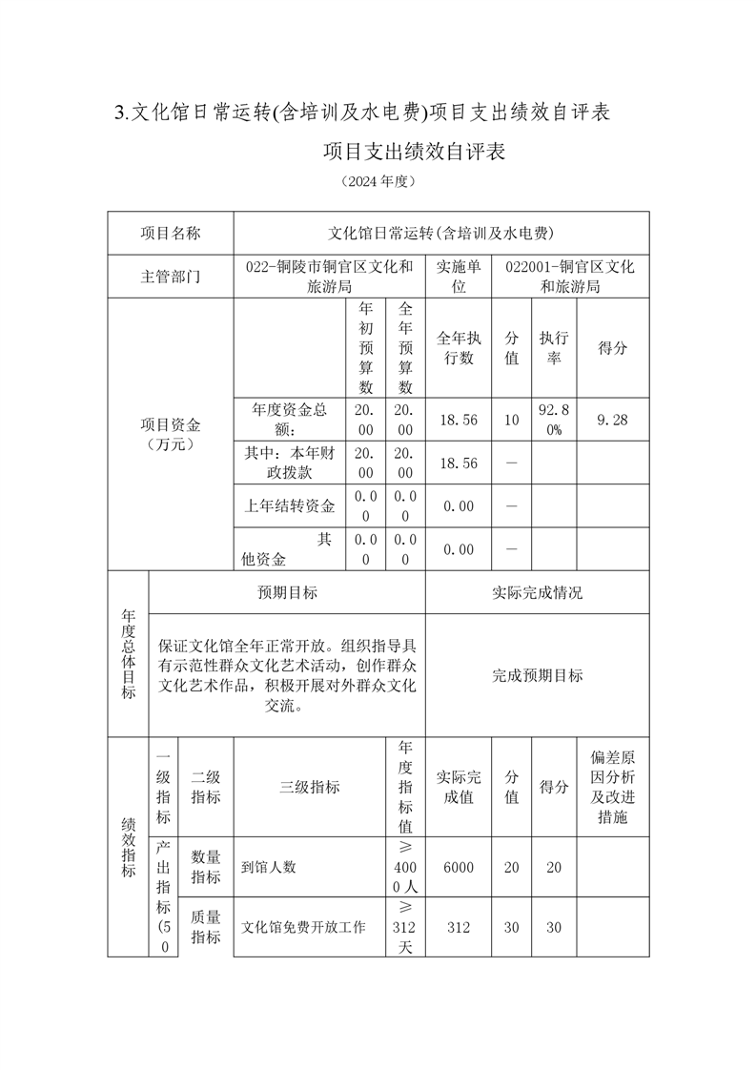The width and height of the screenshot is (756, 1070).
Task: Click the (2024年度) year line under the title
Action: [378, 180]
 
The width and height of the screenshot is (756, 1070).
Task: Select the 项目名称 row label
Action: [171, 233]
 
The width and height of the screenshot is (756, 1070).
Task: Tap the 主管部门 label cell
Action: [171, 277]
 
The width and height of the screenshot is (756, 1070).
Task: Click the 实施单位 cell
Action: [458, 277]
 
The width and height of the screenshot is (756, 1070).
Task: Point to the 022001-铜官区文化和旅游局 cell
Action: [570, 277]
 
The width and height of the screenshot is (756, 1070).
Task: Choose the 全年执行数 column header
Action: [458, 348]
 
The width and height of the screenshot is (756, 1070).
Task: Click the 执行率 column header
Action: [554, 348]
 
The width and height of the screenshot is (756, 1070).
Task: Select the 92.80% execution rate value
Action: [554, 420]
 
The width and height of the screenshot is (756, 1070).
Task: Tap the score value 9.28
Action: [612, 420]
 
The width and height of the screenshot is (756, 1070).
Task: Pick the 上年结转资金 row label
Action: [290, 505]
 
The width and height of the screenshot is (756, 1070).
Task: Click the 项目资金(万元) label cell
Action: [171, 434]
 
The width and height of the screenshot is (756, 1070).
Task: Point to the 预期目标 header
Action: [287, 592]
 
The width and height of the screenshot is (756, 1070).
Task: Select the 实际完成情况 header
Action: [537, 592]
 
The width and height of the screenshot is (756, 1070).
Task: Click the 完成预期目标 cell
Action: [537, 675]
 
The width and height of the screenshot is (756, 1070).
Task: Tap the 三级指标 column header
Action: [309, 787]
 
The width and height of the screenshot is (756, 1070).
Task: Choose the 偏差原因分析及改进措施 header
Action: [612, 787]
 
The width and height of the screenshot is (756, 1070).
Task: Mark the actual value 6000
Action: [458, 867]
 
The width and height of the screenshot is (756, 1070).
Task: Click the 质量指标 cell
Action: [206, 926]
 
